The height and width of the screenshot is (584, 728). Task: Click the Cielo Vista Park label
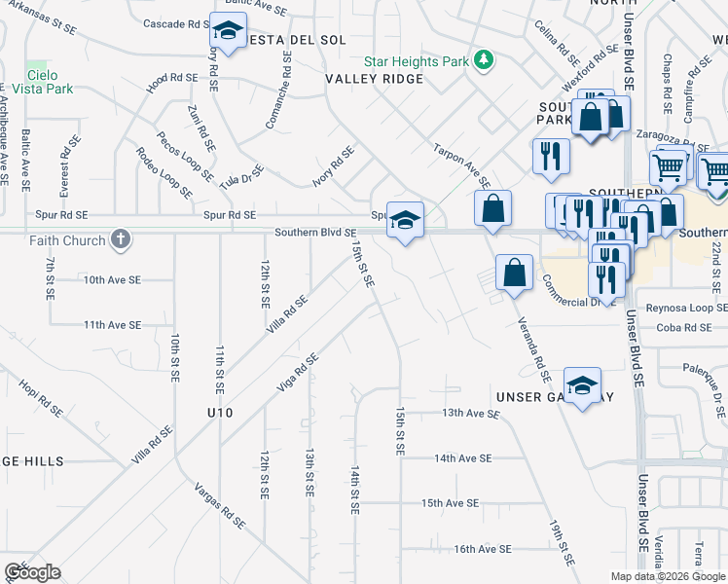(50, 82)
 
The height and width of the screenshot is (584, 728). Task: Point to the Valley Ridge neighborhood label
(375, 79)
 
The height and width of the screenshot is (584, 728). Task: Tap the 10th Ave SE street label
(112, 279)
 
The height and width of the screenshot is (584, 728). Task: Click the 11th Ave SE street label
(112, 324)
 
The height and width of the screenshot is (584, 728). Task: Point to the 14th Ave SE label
(463, 457)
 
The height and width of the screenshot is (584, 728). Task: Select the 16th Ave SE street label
(482, 549)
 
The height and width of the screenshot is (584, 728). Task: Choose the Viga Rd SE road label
(298, 373)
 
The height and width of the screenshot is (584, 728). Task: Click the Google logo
(32, 572)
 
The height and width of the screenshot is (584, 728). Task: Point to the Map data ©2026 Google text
(667, 576)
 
